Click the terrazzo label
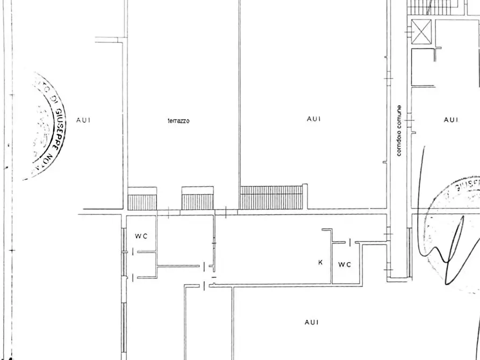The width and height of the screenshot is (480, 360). (178, 121)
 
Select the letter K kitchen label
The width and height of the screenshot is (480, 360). (320, 263)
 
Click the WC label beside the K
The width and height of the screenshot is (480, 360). (345, 264)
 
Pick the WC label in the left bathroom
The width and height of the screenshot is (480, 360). (141, 236)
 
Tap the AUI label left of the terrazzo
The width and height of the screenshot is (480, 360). (83, 120)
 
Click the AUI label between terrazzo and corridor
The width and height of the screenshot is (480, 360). (313, 119)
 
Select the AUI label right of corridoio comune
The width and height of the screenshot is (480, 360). (451, 120)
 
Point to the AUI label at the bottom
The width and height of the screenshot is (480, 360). (311, 322)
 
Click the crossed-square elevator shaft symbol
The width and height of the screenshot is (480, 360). (421, 31)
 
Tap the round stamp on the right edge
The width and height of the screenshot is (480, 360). (457, 231)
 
